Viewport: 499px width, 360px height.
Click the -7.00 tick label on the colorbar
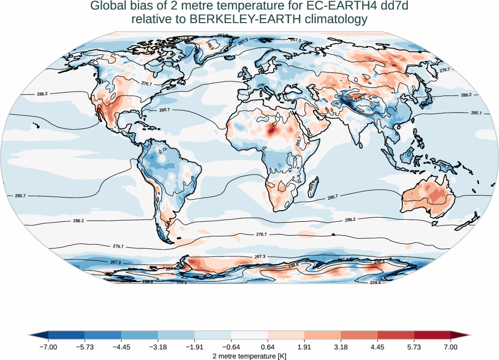[x=48, y=347]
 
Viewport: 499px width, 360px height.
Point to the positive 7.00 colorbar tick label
[x=451, y=347]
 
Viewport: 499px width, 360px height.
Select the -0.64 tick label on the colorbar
[x=231, y=347]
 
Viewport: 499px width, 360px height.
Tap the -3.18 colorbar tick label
[x=158, y=347]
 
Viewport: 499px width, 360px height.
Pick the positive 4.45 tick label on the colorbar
[x=377, y=347]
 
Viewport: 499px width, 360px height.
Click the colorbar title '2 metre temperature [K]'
[x=249, y=355]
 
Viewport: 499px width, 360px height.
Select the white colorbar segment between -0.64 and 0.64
[x=249, y=335]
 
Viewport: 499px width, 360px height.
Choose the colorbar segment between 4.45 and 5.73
[x=395, y=335]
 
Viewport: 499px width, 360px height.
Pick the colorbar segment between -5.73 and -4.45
[x=103, y=335]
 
